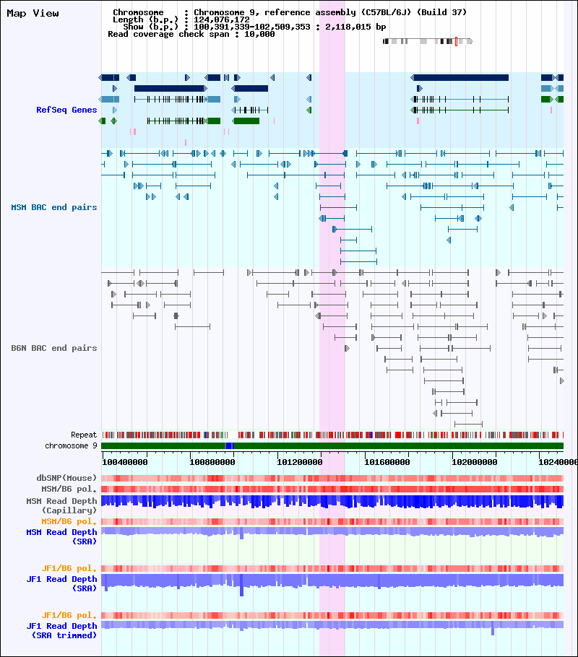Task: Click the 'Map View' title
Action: pos(33,14)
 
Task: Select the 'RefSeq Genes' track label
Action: pos(66,110)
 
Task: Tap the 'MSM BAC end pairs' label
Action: pos(53,207)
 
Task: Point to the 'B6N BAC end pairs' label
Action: pos(53,348)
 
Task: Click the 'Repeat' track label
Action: pos(84,435)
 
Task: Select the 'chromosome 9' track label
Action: pos(71,446)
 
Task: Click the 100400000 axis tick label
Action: pos(124,462)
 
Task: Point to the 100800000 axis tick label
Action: pos(212,462)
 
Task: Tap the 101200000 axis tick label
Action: pos(300,462)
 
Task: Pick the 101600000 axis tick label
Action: pos(387,462)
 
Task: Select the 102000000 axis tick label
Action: pos(475,462)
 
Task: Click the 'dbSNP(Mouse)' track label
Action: pos(66,478)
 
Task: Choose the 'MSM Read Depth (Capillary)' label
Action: pos(61,505)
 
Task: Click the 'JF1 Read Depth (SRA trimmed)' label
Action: pos(61,630)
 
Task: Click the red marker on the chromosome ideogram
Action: pos(456,41)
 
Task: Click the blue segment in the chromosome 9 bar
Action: pos(229,446)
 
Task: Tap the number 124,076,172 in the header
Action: pos(222,19)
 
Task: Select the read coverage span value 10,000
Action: pos(259,34)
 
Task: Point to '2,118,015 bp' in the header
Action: pos(355,27)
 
